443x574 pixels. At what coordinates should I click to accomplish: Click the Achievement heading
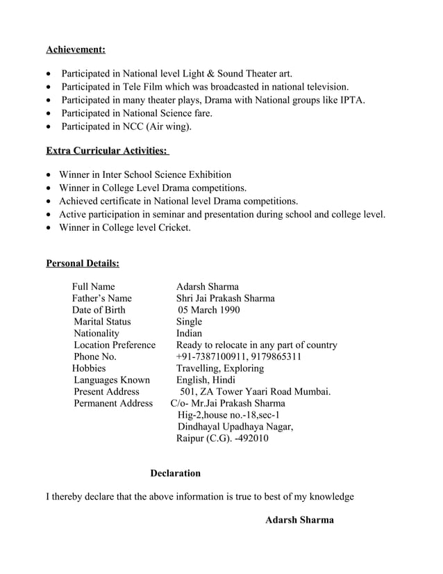[x=76, y=49]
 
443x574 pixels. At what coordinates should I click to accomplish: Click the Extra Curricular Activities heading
[x=108, y=151]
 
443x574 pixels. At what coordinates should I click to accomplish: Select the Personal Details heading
[x=82, y=263]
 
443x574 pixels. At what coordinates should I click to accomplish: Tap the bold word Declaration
[x=175, y=473]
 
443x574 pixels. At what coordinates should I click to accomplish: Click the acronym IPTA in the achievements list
[x=352, y=100]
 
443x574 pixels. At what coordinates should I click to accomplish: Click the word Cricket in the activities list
[x=171, y=227]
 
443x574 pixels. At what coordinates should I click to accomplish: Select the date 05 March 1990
[x=209, y=310]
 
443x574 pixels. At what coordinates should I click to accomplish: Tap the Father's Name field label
[x=101, y=298]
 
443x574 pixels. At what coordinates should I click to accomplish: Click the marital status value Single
[x=189, y=322]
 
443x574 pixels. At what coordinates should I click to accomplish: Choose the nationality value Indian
[x=190, y=334]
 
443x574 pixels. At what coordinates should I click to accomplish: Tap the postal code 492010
[x=252, y=438]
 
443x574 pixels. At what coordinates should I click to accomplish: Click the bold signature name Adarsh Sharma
[x=299, y=520]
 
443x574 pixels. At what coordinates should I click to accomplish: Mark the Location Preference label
[x=115, y=345]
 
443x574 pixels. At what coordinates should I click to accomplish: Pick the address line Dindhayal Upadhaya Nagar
[x=235, y=427]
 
